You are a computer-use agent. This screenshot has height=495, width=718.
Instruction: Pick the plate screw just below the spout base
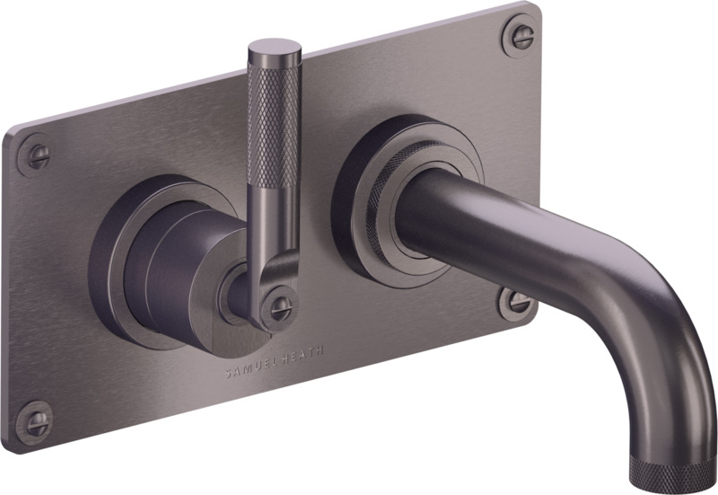tap(517, 303)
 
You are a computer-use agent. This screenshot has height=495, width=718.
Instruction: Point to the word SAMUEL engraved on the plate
tap(246, 368)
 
